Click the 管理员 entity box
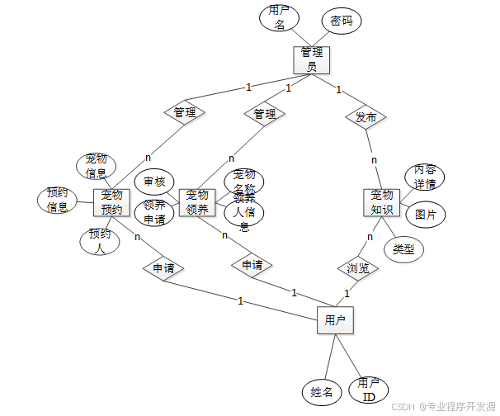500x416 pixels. (x=311, y=59)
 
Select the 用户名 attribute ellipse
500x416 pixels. (x=279, y=18)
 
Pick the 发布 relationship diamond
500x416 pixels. (x=366, y=117)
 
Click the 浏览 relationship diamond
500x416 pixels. (x=357, y=268)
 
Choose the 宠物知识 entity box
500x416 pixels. (x=381, y=202)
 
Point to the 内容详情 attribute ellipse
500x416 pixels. (x=424, y=177)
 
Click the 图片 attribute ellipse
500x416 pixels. (x=426, y=214)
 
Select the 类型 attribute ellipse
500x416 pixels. (x=403, y=248)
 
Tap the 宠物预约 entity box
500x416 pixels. (x=112, y=202)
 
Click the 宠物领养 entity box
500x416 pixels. (x=197, y=202)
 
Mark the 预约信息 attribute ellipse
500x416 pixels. (x=58, y=201)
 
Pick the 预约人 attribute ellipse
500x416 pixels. (x=99, y=241)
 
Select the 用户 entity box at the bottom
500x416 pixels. (x=335, y=319)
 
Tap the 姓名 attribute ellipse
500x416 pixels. (x=322, y=391)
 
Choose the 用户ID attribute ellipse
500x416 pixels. (x=368, y=390)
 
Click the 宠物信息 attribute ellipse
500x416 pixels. (x=96, y=166)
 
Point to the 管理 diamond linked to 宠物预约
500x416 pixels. (x=185, y=112)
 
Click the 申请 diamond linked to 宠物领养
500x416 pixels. (x=252, y=266)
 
